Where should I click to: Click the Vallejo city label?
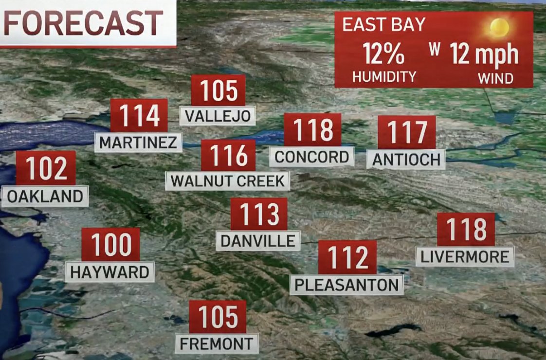tap(218, 116)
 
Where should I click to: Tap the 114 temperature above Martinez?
tap(139, 115)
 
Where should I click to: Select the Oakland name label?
tap(45, 197)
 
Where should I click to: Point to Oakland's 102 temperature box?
tap(46, 168)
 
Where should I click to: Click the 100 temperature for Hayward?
tap(110, 245)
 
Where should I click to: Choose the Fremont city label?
tap(217, 343)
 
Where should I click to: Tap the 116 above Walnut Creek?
tap(228, 156)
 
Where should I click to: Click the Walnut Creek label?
tap(228, 181)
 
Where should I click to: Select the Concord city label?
tap(312, 157)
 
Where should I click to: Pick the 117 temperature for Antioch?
tap(406, 132)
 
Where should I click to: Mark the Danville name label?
tap(258, 241)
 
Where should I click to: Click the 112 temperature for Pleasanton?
tap(347, 257)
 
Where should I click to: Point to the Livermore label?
tap(465, 256)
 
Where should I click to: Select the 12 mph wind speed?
tap(484, 54)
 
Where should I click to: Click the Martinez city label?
tap(138, 143)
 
